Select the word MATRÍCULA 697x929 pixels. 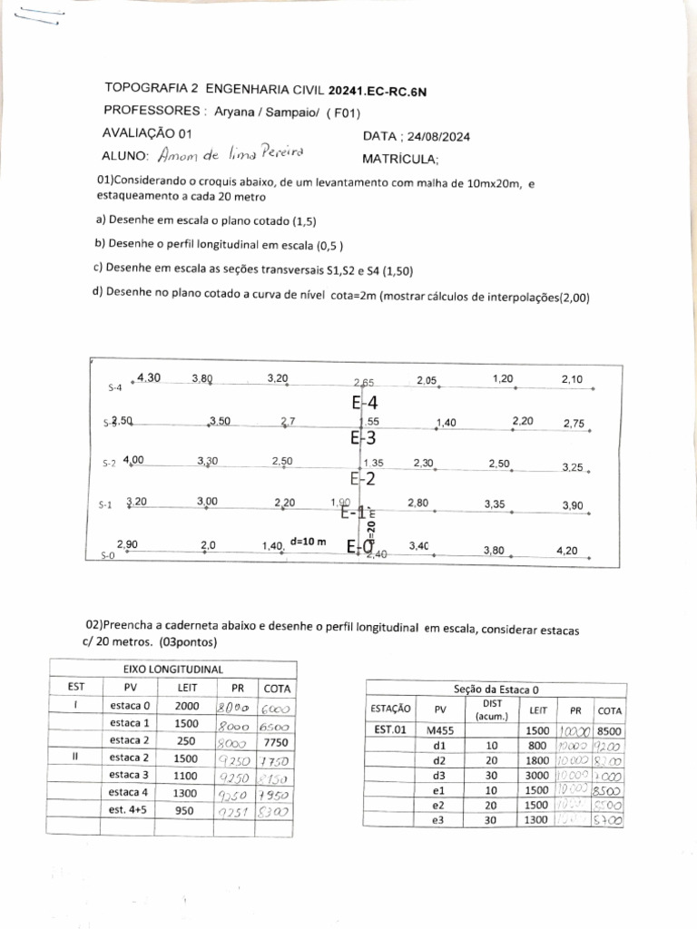click(x=399, y=160)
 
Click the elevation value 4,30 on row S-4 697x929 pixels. click(x=149, y=377)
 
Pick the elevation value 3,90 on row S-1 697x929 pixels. click(x=572, y=504)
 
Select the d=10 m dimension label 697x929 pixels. click(x=307, y=542)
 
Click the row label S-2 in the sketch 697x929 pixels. click(x=109, y=464)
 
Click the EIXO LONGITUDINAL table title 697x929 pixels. click(x=172, y=669)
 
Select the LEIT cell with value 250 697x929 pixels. click(x=187, y=740)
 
